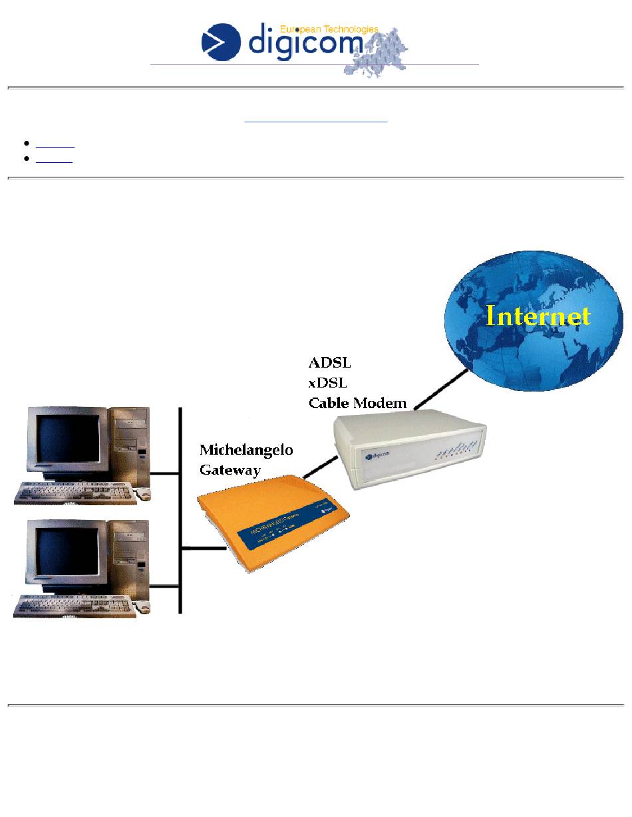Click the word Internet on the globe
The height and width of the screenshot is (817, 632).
pos(538,316)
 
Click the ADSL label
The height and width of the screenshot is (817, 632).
pos(329,363)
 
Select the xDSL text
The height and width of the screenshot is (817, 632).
pos(329,383)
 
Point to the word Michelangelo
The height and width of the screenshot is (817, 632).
pos(246,450)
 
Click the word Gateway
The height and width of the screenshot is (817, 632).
pos(230,470)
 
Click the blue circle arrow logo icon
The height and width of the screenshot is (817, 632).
pos(221,41)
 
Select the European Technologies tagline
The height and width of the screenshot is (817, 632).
pos(329,29)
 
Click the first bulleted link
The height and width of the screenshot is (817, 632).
pos(55,144)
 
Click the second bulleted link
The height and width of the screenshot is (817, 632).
pos(54,159)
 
